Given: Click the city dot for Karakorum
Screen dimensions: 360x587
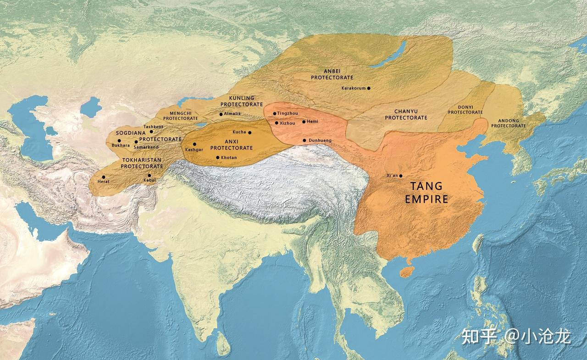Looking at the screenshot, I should click(x=368, y=88).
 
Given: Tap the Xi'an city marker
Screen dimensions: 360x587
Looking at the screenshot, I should click(x=401, y=176).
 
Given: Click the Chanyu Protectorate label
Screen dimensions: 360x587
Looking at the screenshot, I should click(x=406, y=115).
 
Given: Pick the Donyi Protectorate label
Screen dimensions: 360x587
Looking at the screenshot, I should click(x=465, y=110).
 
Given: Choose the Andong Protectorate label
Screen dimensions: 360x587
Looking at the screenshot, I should click(x=508, y=123).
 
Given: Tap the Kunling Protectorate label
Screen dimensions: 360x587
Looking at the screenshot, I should click(x=242, y=101).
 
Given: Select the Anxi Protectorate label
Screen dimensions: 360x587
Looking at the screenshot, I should click(x=231, y=145).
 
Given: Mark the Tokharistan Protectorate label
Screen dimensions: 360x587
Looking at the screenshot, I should click(x=141, y=163).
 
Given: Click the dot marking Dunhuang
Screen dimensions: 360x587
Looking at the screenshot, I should click(x=305, y=140).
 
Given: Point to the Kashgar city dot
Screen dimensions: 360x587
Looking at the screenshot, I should click(x=194, y=144).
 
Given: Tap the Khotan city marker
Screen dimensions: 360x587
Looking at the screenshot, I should click(x=218, y=157).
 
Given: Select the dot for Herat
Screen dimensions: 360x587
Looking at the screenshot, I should click(x=104, y=177).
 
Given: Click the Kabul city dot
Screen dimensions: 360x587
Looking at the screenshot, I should click(x=150, y=175).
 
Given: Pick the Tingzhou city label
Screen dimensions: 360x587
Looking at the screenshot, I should click(x=288, y=113).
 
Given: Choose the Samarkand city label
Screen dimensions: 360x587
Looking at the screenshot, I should click(x=146, y=147).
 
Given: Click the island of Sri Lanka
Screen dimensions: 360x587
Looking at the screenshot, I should click(x=223, y=342).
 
